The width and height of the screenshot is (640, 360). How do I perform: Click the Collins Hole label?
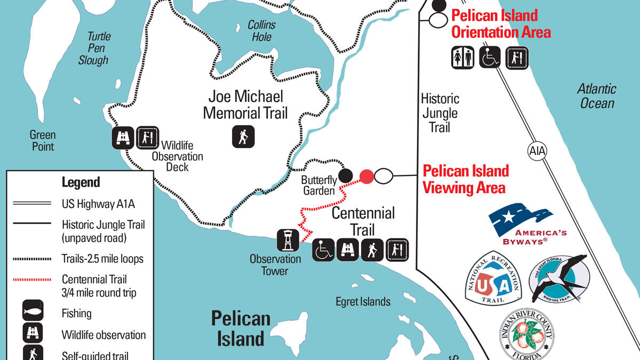(x=261, y=31)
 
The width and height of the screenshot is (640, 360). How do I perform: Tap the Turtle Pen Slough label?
(x=94, y=49)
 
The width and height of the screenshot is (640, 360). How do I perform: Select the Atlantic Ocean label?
(x=597, y=96)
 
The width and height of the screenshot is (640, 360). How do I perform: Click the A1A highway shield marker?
(x=538, y=151)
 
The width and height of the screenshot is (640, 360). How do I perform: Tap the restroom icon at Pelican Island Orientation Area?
(x=463, y=58)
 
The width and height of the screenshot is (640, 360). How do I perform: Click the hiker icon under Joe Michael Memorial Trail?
(x=243, y=137)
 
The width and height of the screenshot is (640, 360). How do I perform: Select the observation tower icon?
(x=287, y=241)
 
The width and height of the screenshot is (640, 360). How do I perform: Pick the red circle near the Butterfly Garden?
(x=366, y=175)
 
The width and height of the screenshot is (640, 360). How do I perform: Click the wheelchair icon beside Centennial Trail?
(x=323, y=250)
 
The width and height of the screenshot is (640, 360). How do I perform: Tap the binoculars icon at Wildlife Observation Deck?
(x=123, y=138)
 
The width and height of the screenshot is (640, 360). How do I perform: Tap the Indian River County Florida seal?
(x=526, y=335)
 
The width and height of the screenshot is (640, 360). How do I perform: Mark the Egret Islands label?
(x=363, y=302)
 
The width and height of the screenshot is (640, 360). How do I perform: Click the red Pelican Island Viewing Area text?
(x=465, y=179)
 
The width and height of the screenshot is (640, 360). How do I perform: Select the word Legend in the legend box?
(x=81, y=182)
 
